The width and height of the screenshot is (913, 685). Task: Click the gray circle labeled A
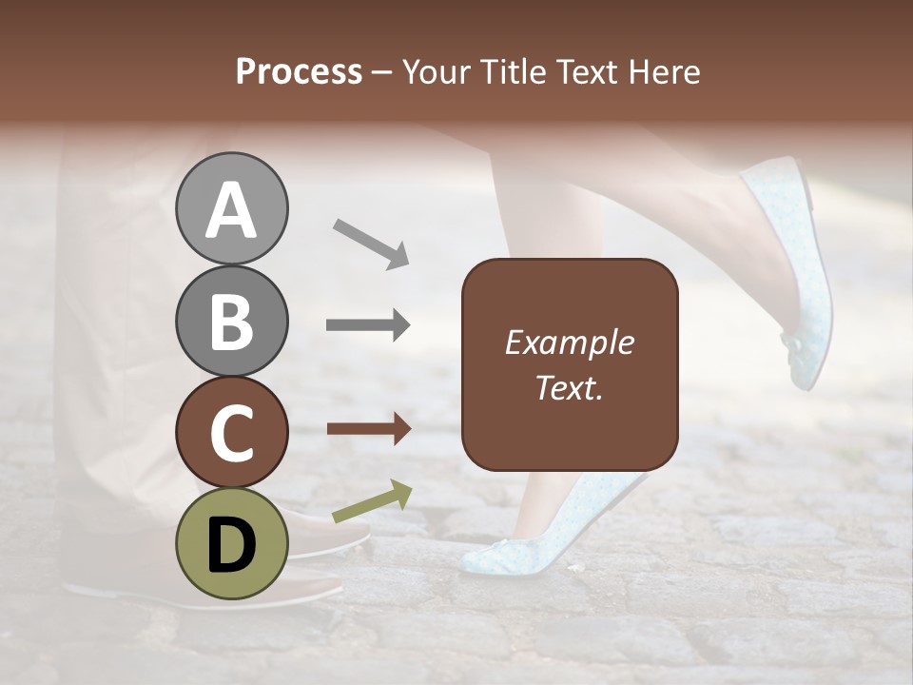tap(231, 209)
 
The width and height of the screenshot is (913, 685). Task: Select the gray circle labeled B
tap(231, 321)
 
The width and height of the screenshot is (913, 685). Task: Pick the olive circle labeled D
tap(231, 543)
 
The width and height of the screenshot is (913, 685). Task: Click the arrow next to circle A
tap(371, 244)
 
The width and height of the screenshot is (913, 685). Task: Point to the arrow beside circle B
tap(368, 324)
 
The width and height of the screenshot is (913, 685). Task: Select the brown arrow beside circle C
tap(368, 429)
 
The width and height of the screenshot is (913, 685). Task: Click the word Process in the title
tap(299, 72)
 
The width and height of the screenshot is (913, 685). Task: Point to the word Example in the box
tap(569, 342)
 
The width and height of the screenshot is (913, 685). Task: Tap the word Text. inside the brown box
tap(569, 387)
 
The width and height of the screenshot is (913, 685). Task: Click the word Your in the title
tap(437, 72)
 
